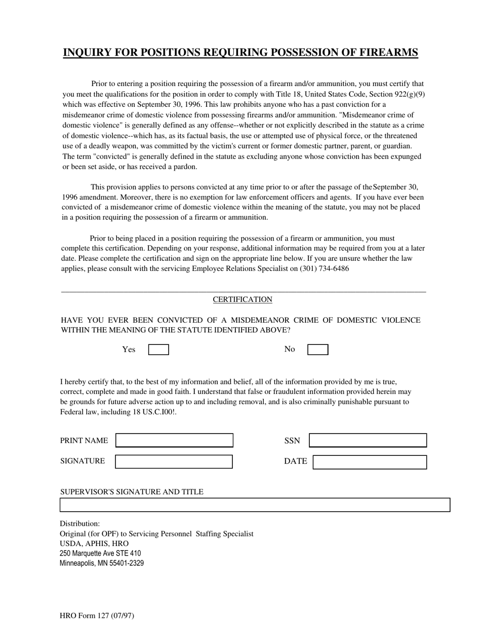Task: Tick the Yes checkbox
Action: (158, 349)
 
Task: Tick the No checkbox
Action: (318, 349)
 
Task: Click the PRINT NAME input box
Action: (174, 441)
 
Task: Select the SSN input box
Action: (368, 441)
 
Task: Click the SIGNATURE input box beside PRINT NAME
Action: (174, 461)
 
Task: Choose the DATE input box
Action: (370, 462)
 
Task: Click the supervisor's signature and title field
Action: (255, 505)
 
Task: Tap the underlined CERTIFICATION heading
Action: (243, 299)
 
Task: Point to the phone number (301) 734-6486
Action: (324, 268)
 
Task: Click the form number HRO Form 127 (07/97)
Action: (97, 616)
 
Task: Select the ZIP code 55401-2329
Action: (125, 563)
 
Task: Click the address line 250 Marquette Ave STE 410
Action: (100, 553)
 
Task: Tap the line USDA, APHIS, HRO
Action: (94, 543)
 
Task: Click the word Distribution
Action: (79, 523)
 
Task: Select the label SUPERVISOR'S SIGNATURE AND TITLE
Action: (132, 492)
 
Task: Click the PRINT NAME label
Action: (84, 441)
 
